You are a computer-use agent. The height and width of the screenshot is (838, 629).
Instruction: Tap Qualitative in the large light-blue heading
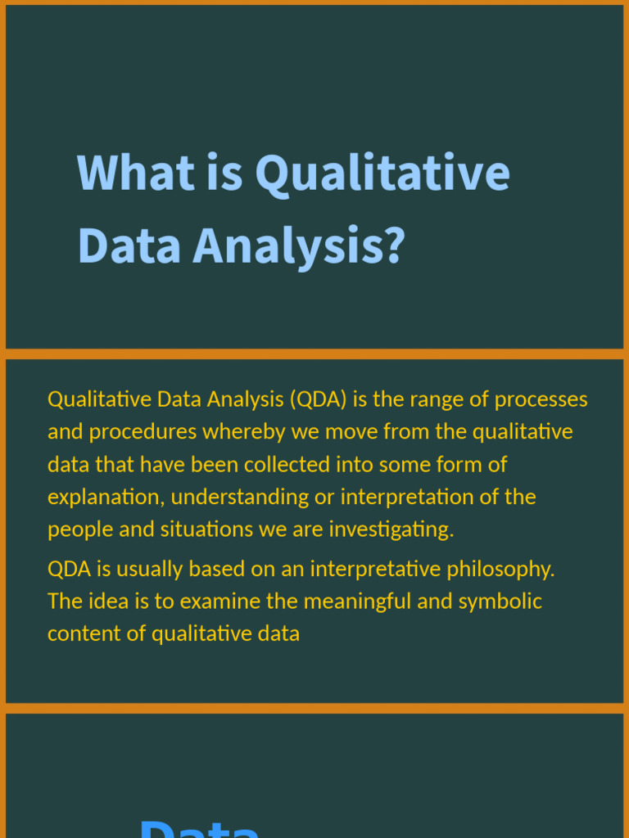382,173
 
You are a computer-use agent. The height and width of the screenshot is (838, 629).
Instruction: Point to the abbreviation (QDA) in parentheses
318,399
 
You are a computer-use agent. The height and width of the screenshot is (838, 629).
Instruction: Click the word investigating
391,529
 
